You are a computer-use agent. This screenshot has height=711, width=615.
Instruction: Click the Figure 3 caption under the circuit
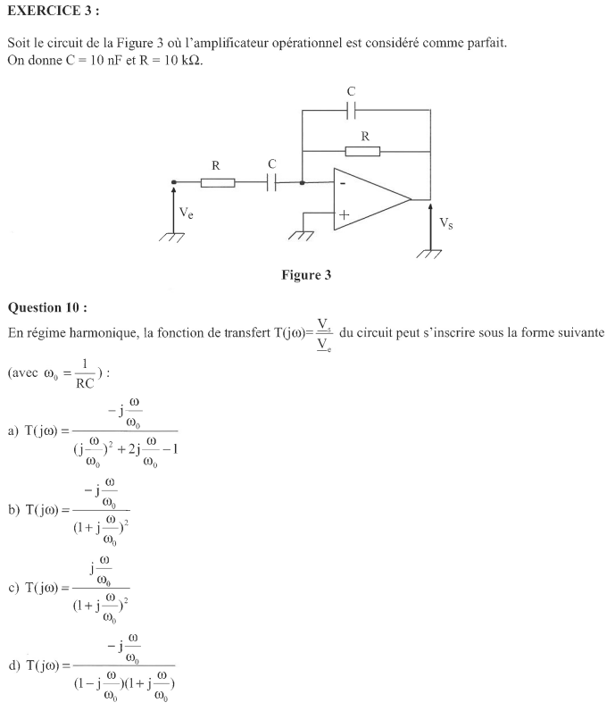click(306, 275)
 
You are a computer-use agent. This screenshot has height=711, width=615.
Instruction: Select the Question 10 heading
click(47, 308)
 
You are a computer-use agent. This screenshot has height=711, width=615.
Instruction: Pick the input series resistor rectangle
click(217, 183)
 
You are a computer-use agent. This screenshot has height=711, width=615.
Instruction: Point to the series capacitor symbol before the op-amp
click(271, 182)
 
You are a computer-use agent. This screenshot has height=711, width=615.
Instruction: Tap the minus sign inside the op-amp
click(343, 183)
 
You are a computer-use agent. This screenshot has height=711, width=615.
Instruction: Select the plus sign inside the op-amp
click(344, 214)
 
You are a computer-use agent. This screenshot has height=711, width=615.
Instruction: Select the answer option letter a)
click(13, 431)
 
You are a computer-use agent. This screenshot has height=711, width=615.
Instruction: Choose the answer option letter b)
click(13, 509)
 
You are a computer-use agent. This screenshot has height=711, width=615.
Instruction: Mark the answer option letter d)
click(13, 665)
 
